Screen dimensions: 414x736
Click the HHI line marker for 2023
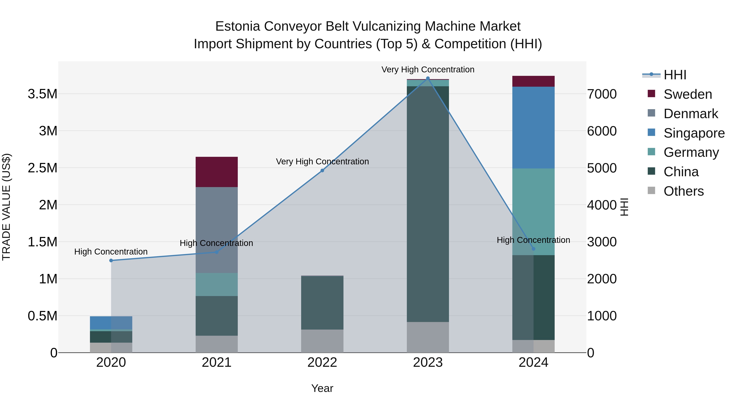coord(428,78)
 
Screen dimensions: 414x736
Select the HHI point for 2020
coord(111,260)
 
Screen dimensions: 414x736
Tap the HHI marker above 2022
coord(322,171)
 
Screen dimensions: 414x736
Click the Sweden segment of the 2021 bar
coord(217,172)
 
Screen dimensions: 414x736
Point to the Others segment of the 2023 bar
coord(428,337)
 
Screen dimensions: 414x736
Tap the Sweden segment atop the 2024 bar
coord(533,81)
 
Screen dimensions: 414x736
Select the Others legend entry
coord(683,191)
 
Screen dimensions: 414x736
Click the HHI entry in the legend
coord(675,75)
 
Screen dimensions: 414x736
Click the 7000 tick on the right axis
coord(602,94)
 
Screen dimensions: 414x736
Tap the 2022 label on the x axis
coord(322,362)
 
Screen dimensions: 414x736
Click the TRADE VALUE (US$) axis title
coord(6,207)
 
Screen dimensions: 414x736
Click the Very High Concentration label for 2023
coord(428,70)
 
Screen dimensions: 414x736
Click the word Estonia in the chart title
coord(238,26)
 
